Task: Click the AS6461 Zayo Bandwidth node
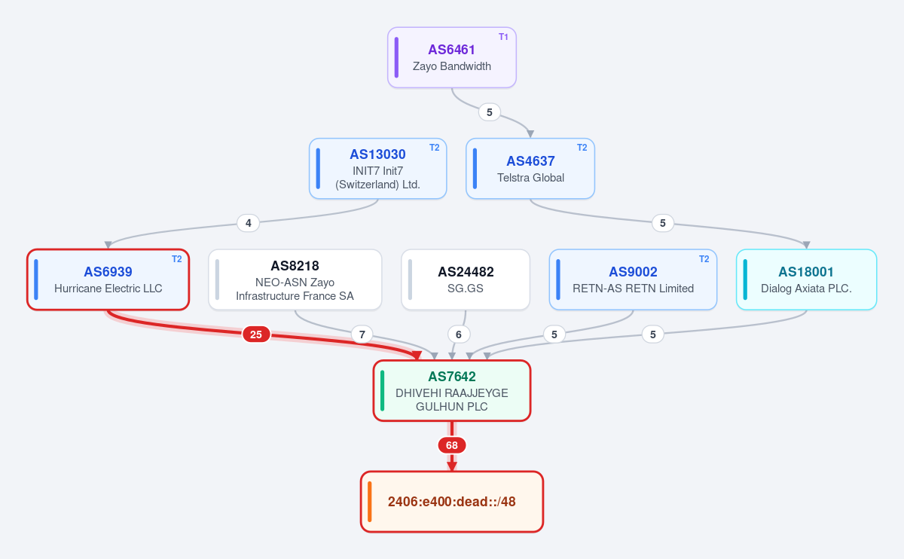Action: (451, 57)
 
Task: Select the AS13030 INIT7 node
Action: (377, 169)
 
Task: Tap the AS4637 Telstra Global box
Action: (530, 169)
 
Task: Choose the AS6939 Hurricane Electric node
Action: (108, 279)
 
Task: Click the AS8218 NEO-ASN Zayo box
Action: (295, 279)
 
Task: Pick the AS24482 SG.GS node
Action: (466, 279)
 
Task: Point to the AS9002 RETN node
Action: (633, 279)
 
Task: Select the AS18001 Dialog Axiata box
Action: (806, 279)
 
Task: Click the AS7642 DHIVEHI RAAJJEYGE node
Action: (451, 391)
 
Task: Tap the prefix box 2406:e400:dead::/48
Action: (451, 502)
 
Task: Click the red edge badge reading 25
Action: (256, 334)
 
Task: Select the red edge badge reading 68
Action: (451, 445)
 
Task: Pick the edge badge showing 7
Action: (362, 334)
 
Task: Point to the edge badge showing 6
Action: (459, 334)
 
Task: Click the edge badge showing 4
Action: (248, 223)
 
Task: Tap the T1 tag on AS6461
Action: (503, 37)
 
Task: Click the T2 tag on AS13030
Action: (434, 148)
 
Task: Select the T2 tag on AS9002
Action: (704, 259)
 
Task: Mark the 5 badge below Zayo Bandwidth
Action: (490, 112)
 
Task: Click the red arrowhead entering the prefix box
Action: (451, 466)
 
